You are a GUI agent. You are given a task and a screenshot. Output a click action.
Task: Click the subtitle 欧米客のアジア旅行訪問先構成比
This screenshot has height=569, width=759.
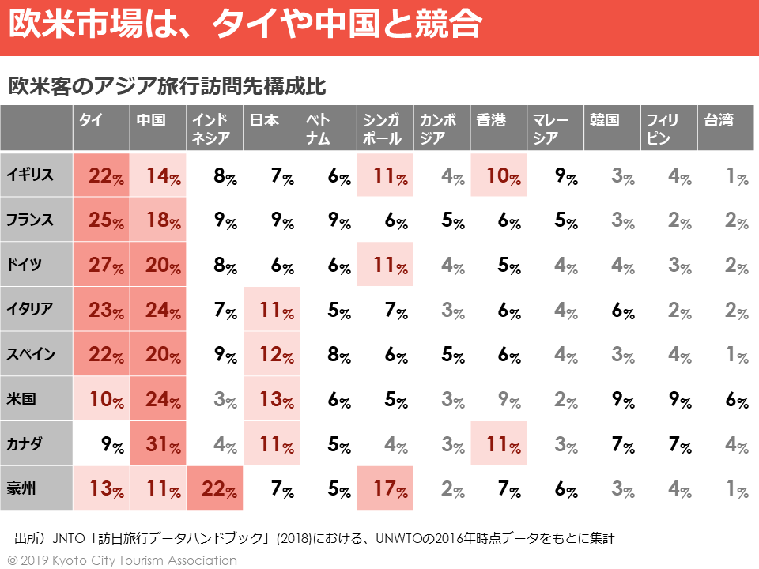(x=168, y=86)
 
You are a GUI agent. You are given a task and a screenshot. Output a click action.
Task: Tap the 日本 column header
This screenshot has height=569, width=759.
(x=264, y=121)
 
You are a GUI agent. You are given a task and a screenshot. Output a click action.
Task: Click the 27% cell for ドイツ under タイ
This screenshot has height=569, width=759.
(x=102, y=266)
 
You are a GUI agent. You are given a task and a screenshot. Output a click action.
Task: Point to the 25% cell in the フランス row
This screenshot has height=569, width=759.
(x=102, y=220)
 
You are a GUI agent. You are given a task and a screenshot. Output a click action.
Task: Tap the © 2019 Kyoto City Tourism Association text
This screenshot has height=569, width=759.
(x=122, y=560)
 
